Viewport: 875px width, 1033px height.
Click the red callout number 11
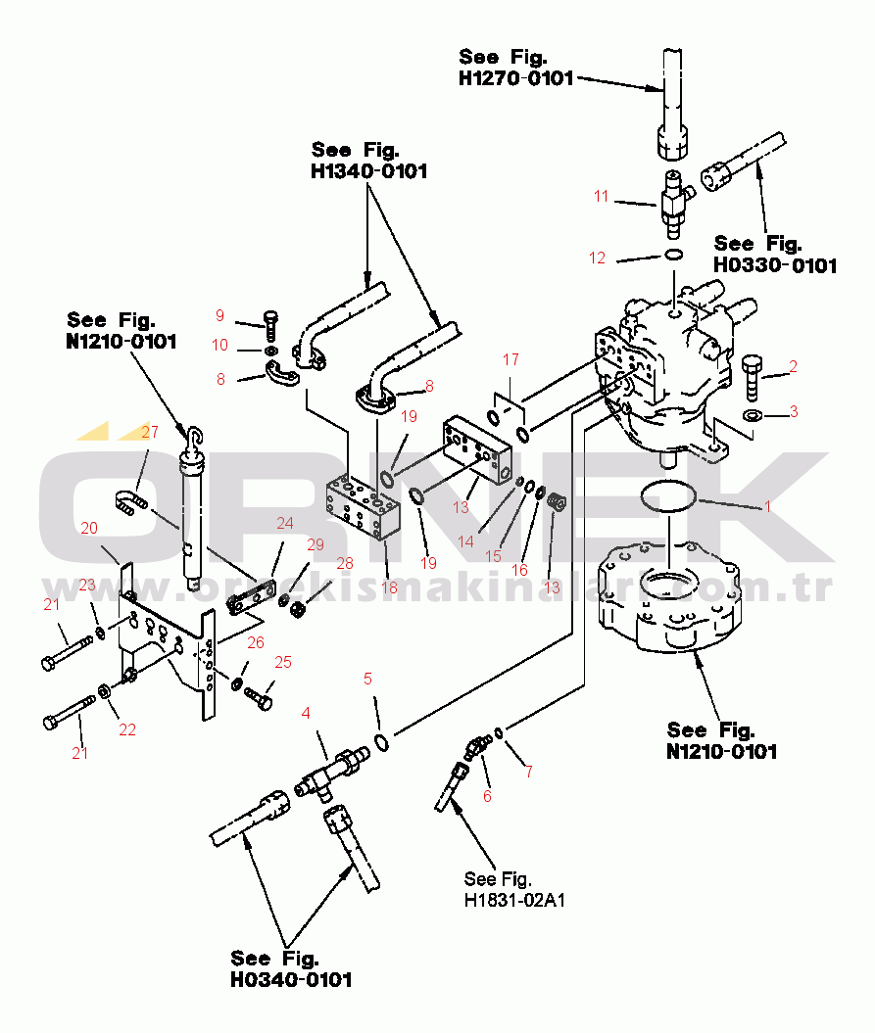pos(601,197)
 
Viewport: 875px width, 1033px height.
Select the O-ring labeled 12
pos(673,256)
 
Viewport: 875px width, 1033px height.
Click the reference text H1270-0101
pos(516,78)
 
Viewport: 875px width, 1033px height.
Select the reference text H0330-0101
pos(775,265)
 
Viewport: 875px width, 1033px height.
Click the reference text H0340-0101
pos(291,979)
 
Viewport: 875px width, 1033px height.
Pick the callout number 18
pos(389,587)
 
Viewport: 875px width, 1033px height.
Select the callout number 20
pos(89,528)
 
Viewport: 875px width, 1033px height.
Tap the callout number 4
pos(306,712)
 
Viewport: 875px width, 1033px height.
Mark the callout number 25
pos(283,663)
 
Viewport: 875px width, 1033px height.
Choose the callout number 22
pos(127,728)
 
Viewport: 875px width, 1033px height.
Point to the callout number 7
pos(528,771)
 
